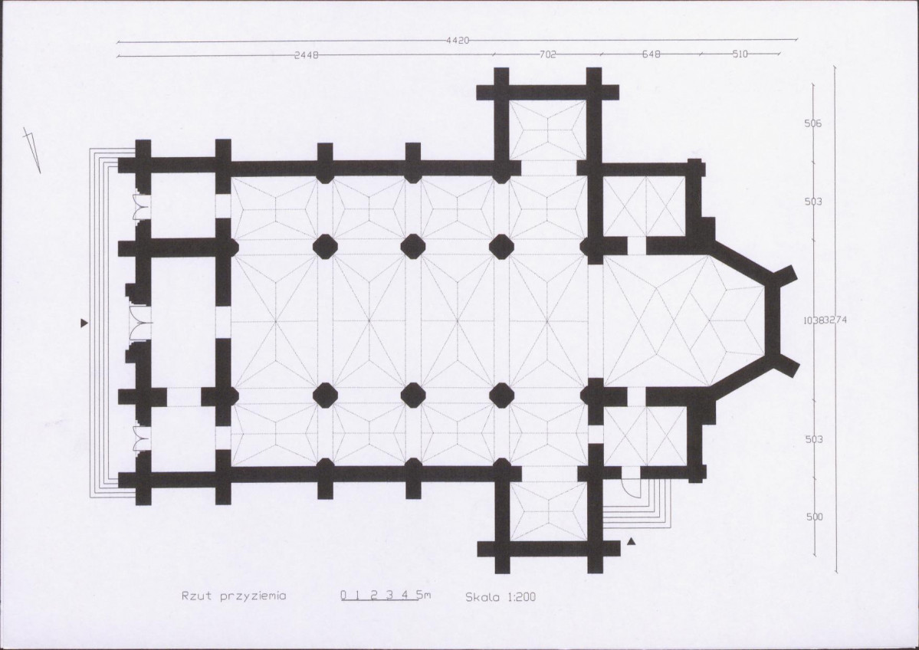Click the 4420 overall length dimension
pyautogui.click(x=457, y=41)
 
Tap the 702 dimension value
pyautogui.click(x=547, y=54)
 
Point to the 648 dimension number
pyautogui.click(x=652, y=54)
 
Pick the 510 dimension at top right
pyautogui.click(x=740, y=54)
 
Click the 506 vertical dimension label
pyautogui.click(x=813, y=123)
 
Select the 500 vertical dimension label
pyautogui.click(x=814, y=517)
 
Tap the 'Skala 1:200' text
pyautogui.click(x=501, y=597)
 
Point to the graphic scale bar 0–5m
pyautogui.click(x=385, y=596)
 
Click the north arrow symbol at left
pyautogui.click(x=31, y=150)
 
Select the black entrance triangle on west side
pyautogui.click(x=84, y=323)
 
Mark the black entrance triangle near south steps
pyautogui.click(x=631, y=542)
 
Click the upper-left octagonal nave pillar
pyautogui.click(x=325, y=246)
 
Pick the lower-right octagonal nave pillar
pyautogui.click(x=501, y=395)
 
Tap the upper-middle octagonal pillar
pyautogui.click(x=413, y=246)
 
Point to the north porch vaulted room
pyautogui.click(x=547, y=130)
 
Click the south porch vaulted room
pyautogui.click(x=547, y=511)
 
